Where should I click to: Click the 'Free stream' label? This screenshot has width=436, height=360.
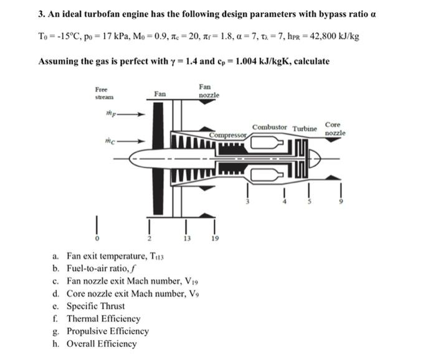104,93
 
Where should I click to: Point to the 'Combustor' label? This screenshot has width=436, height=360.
270,127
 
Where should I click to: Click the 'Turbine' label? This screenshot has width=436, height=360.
305,128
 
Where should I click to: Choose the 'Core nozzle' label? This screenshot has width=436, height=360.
334,129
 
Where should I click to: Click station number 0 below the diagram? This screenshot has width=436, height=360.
96,238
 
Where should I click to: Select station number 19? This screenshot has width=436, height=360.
215,239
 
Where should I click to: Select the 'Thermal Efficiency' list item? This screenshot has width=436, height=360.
103,318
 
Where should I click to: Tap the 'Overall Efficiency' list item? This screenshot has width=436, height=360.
102,343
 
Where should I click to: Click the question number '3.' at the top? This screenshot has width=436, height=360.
42,14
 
